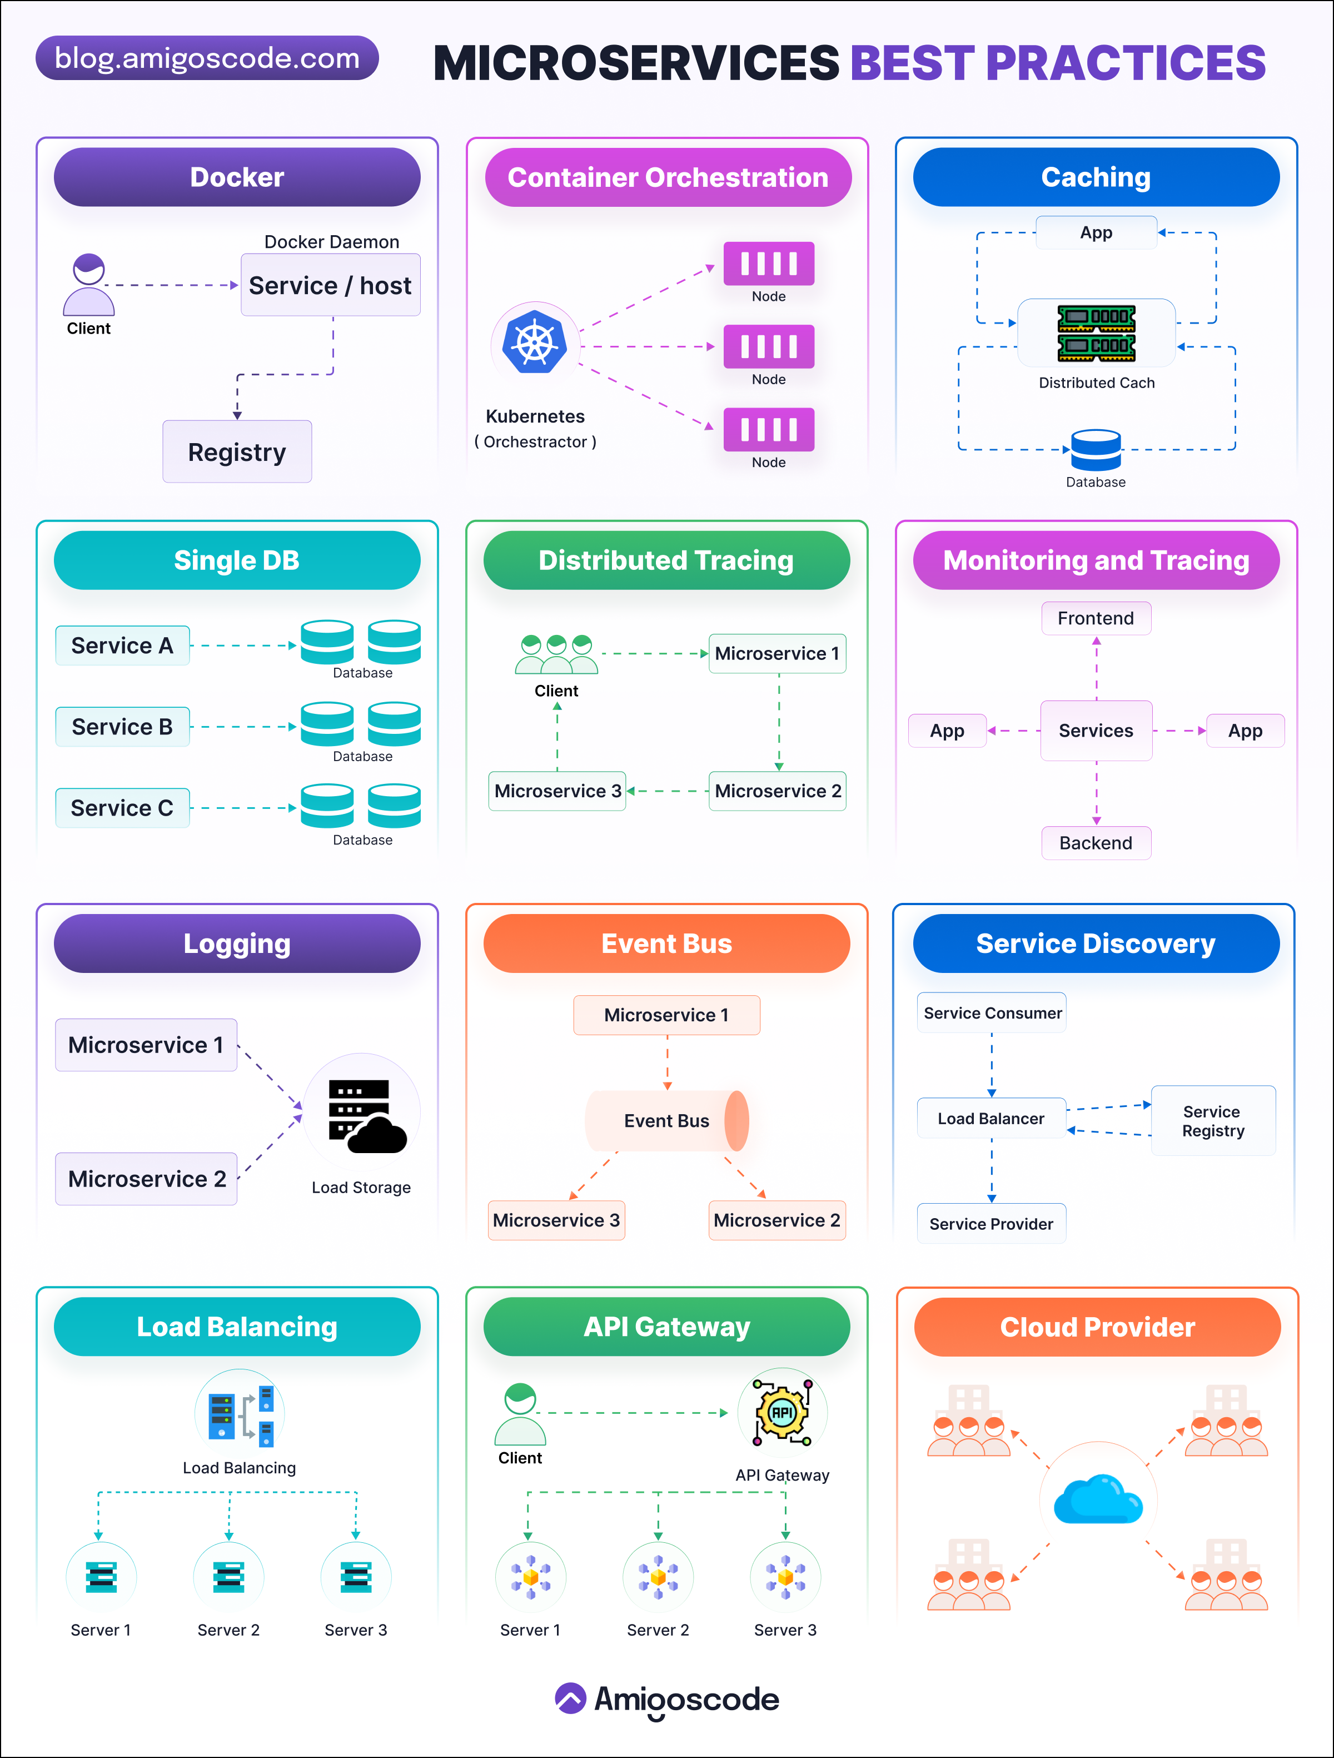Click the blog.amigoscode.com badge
(207, 58)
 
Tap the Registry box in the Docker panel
(237, 451)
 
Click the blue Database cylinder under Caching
(1096, 450)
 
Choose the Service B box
(122, 727)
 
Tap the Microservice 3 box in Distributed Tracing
(557, 791)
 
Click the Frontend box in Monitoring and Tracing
(1096, 618)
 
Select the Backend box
(1096, 842)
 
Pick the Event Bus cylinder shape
(668, 1121)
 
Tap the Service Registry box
(1212, 1121)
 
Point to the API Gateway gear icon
(782, 1412)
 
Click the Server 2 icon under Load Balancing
(229, 1578)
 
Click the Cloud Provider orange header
(1097, 1327)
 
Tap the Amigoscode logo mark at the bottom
(570, 1699)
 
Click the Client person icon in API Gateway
(520, 1414)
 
